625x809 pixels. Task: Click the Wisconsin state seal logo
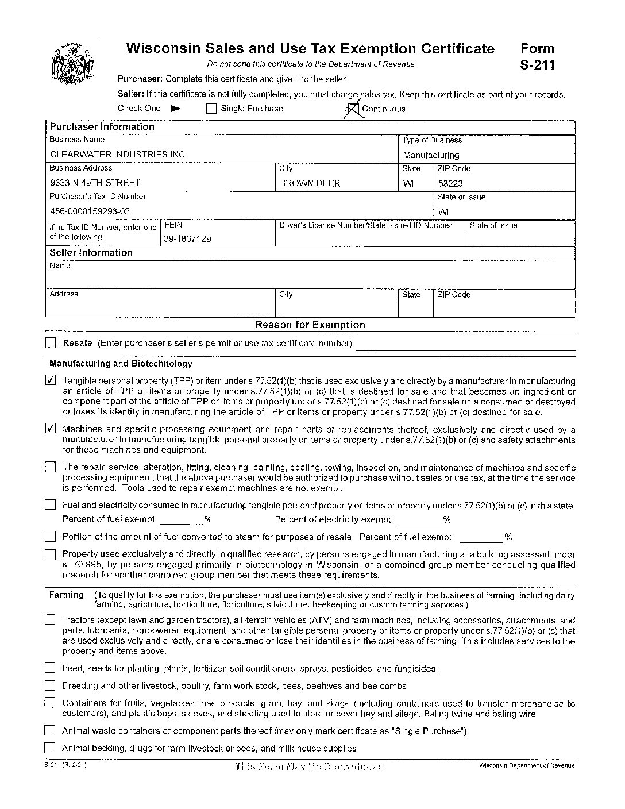pyautogui.click(x=72, y=64)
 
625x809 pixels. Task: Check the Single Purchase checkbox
pyautogui.click(x=211, y=109)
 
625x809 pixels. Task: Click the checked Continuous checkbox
pyautogui.click(x=354, y=109)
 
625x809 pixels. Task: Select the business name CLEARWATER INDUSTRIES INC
pyautogui.click(x=117, y=155)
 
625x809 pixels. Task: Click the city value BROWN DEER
pyautogui.click(x=310, y=183)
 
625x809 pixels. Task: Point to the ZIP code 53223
pyautogui.click(x=450, y=184)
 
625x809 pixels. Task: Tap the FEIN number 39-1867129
pyautogui.click(x=187, y=238)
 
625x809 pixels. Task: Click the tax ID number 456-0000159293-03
pyautogui.click(x=90, y=211)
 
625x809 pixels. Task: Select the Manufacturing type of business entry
pyautogui.click(x=431, y=155)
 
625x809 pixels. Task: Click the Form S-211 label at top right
pyautogui.click(x=537, y=56)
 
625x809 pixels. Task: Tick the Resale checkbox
pyautogui.click(x=51, y=344)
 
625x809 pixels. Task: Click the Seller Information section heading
pyautogui.click(x=91, y=253)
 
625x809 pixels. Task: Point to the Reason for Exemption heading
pyautogui.click(x=310, y=325)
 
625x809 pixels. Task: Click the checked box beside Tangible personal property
pyautogui.click(x=51, y=380)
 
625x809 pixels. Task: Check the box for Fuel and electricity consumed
pyautogui.click(x=51, y=506)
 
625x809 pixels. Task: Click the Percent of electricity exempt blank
pyautogui.click(x=419, y=519)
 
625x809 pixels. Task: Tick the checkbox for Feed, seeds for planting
pyautogui.click(x=51, y=668)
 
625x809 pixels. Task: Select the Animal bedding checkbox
pyautogui.click(x=51, y=748)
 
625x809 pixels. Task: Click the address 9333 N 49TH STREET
pyautogui.click(x=95, y=183)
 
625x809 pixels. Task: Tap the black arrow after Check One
pyautogui.click(x=176, y=108)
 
